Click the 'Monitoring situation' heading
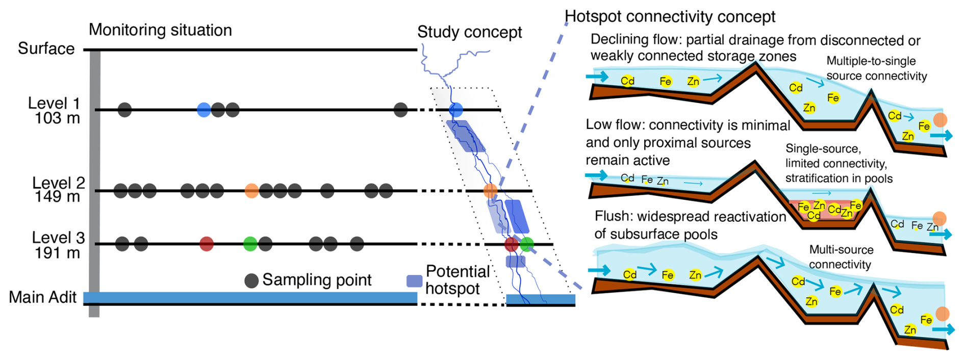point(160,30)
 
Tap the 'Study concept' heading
point(469,32)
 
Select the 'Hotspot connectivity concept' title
point(670,16)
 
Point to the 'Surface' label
point(46,48)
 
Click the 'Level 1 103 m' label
point(54,111)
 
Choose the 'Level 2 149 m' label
point(58,190)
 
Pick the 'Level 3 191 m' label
point(58,245)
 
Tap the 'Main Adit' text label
point(43,297)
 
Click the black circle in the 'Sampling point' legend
point(251,280)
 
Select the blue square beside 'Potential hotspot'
point(414,281)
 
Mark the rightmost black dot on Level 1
point(401,110)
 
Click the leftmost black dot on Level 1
point(124,110)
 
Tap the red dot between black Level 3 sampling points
point(206,244)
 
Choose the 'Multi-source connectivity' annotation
point(841,257)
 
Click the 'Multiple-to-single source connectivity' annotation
point(876,68)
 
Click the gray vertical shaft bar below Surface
point(94,184)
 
